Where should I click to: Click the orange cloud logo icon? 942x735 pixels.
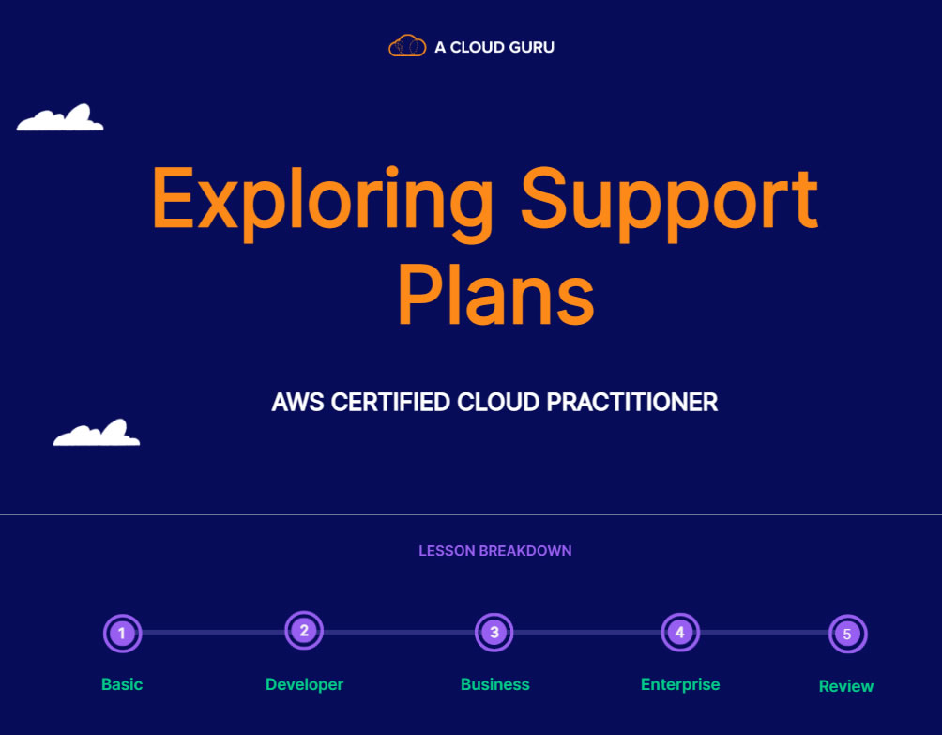(407, 46)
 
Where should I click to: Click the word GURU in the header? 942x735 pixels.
(529, 47)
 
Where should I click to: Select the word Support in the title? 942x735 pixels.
(669, 200)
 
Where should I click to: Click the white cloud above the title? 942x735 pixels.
(60, 118)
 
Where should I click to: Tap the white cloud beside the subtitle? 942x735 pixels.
(97, 434)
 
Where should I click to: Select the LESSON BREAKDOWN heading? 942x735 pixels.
(494, 551)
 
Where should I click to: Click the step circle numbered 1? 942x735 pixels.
(122, 634)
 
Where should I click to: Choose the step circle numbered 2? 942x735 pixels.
(304, 631)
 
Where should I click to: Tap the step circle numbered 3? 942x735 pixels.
(494, 633)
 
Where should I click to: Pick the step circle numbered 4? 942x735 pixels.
(680, 633)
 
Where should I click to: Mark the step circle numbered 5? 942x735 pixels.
(847, 635)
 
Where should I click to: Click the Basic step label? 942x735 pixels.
(122, 684)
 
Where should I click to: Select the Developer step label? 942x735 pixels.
(304, 684)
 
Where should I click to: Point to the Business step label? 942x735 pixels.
(494, 684)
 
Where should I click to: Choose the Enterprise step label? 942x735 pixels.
(680, 684)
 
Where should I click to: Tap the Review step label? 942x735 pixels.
(846, 686)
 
